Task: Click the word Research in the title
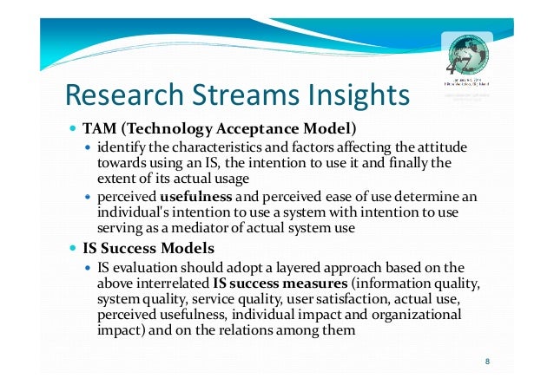122,94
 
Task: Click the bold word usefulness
196,198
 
